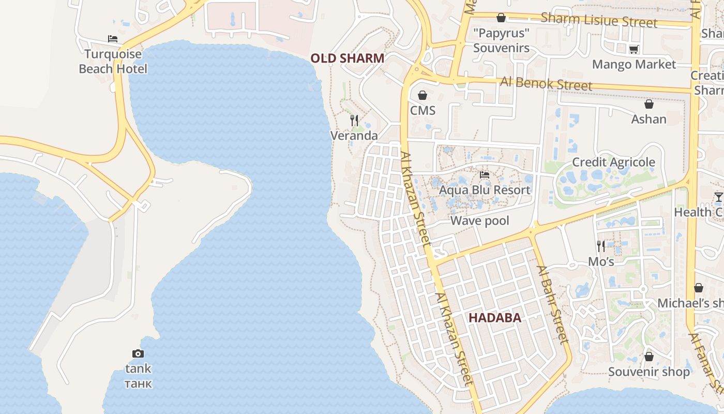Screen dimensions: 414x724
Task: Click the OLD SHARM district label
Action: (x=348, y=58)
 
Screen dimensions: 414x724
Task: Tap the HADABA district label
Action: (x=494, y=318)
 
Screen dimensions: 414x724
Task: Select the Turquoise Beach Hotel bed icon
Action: (x=113, y=39)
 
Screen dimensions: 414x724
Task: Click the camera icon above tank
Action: (x=138, y=353)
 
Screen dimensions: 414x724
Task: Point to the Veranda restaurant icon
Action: (x=354, y=121)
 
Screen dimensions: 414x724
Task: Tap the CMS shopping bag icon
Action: (x=423, y=95)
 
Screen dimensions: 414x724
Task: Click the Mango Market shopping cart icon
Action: (x=633, y=49)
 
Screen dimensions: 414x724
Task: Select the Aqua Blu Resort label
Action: (x=485, y=190)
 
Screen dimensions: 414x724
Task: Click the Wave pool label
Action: (x=480, y=221)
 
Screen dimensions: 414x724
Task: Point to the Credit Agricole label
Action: (x=613, y=162)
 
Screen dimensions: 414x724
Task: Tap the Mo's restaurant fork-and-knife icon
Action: (x=600, y=246)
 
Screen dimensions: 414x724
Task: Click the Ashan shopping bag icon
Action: (x=649, y=104)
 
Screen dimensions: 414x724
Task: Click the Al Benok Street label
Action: (x=546, y=83)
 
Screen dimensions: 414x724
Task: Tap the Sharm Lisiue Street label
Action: (x=599, y=20)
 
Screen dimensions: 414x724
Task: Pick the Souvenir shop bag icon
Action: (x=649, y=357)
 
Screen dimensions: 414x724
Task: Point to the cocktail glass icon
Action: (x=718, y=197)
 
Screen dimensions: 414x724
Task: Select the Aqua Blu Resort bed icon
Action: (x=485, y=175)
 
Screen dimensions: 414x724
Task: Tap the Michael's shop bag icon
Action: (x=699, y=288)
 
